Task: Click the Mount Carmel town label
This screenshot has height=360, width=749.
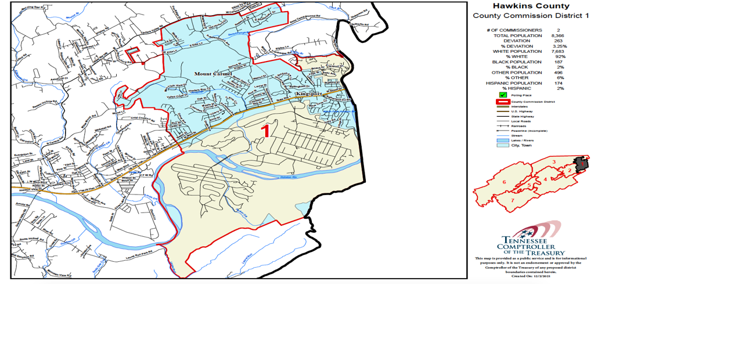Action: pos(213,74)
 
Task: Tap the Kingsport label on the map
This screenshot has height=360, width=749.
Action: pos(308,93)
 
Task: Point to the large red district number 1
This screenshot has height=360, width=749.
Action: pos(266,131)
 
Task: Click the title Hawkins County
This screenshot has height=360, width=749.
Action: pos(531,6)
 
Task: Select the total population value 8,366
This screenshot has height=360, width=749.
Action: pos(558,35)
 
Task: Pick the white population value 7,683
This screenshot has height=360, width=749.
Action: pos(558,51)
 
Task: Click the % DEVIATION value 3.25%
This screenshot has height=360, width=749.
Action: pos(560,46)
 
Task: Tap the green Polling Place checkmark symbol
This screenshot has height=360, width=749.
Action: pos(503,95)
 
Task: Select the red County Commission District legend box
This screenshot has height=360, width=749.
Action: pos(503,102)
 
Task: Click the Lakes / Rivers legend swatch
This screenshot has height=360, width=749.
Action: pos(503,140)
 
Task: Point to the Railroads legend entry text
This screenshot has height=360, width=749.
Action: pos(521,125)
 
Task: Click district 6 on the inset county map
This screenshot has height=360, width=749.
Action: pos(504,182)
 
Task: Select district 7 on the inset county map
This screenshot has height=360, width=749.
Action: pos(513,200)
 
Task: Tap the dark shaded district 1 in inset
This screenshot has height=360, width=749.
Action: pos(581,164)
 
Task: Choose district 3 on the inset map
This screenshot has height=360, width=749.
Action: pos(554,162)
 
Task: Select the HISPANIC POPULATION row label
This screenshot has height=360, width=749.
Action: pos(514,83)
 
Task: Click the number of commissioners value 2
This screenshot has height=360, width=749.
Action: pos(558,30)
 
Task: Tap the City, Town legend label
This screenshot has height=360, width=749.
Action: pos(521,145)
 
